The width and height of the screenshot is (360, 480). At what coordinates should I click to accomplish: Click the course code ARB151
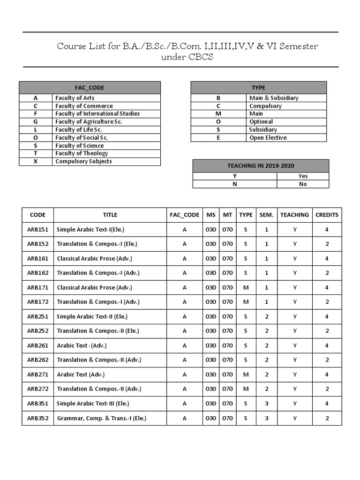click(x=37, y=230)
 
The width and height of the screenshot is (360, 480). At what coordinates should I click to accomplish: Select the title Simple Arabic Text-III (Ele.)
click(x=93, y=404)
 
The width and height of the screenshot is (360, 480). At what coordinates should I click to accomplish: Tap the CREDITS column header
click(x=327, y=215)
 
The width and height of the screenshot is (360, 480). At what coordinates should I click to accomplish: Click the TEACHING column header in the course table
click(x=294, y=215)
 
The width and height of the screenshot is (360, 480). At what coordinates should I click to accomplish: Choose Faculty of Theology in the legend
click(x=82, y=153)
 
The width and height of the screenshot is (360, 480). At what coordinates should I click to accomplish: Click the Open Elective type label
click(x=268, y=138)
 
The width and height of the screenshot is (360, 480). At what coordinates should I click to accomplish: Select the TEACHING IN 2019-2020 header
click(x=261, y=166)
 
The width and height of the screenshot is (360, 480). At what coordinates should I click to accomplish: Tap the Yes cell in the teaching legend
click(x=303, y=176)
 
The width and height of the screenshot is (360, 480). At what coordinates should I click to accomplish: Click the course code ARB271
click(x=37, y=375)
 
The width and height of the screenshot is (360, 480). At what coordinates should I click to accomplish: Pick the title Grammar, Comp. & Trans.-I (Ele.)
click(x=101, y=418)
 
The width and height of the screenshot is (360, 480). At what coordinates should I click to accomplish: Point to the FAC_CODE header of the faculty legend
click(x=90, y=88)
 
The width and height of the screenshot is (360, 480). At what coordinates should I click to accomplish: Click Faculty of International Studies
click(x=97, y=113)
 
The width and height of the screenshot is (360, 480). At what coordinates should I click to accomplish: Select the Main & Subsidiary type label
click(x=274, y=98)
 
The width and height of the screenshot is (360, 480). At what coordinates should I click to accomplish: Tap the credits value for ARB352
click(x=327, y=418)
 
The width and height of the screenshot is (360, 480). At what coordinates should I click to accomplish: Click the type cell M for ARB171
click(x=246, y=287)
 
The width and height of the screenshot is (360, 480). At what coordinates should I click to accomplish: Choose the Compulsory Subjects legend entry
click(x=83, y=161)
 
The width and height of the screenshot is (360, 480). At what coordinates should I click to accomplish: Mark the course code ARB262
click(x=37, y=360)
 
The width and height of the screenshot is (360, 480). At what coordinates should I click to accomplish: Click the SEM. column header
click(x=266, y=215)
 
